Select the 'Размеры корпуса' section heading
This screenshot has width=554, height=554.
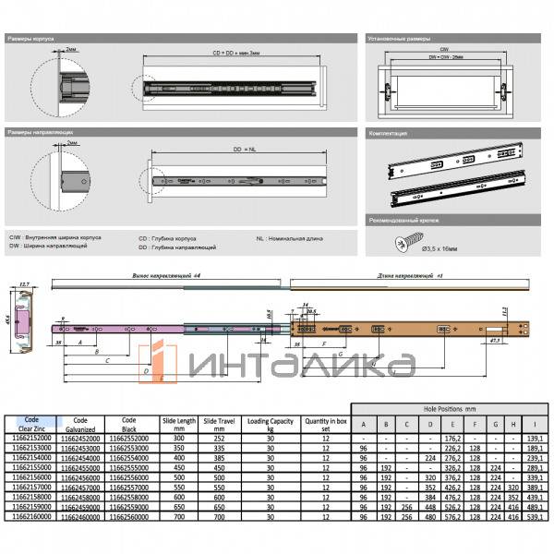[x=31, y=40]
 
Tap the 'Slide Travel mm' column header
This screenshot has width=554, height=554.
[x=218, y=424]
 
